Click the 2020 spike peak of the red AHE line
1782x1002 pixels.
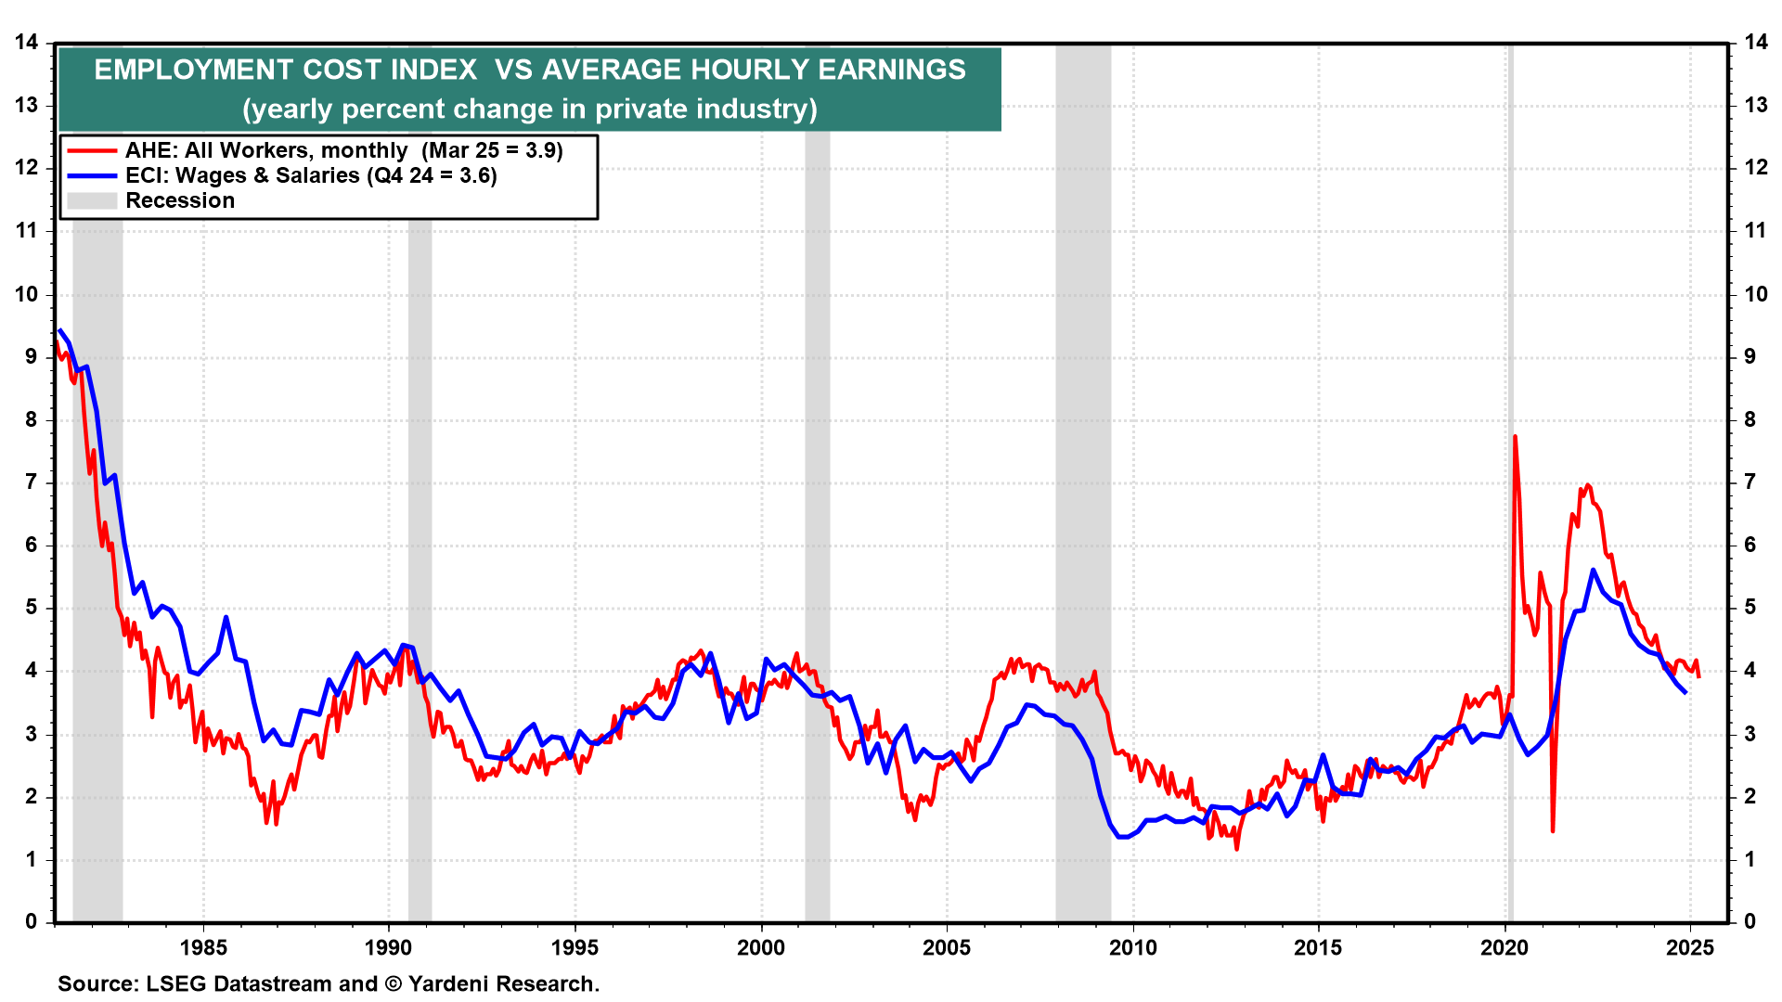tap(1515, 437)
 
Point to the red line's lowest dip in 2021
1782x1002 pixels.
tap(1552, 829)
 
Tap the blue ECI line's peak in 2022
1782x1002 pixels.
tap(1593, 570)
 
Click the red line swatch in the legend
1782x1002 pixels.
tap(92, 151)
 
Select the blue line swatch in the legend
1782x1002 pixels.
tap(92, 176)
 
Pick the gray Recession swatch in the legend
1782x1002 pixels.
tap(92, 201)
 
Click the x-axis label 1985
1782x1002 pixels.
tap(203, 947)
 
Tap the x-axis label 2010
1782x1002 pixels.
tap(1132, 947)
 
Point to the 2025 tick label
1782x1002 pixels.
tap(1689, 947)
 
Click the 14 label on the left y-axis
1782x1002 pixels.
tap(26, 42)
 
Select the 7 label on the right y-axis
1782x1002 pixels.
tap(1750, 482)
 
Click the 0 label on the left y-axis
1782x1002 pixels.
tap(32, 921)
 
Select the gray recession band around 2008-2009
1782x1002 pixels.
tap(1083, 464)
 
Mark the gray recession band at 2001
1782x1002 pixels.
tap(817, 464)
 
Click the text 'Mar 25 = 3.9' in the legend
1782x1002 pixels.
tap(493, 151)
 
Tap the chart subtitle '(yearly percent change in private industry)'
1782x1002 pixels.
tap(530, 109)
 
